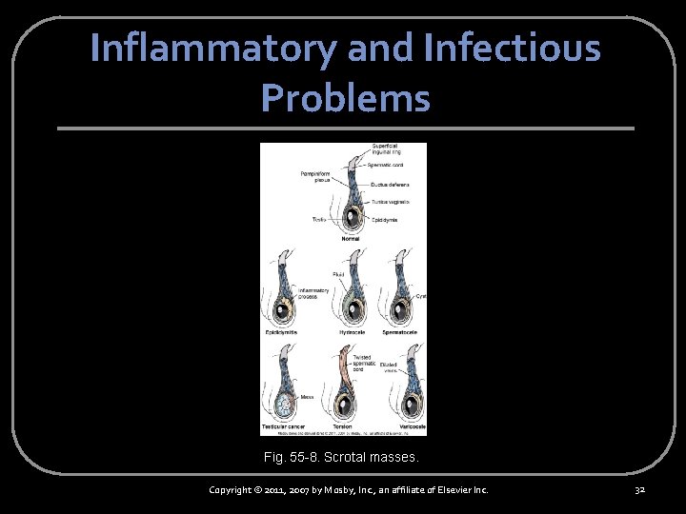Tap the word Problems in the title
(x=345, y=97)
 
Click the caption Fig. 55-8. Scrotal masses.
(x=341, y=458)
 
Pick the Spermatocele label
(x=400, y=332)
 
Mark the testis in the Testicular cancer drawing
(x=285, y=405)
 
